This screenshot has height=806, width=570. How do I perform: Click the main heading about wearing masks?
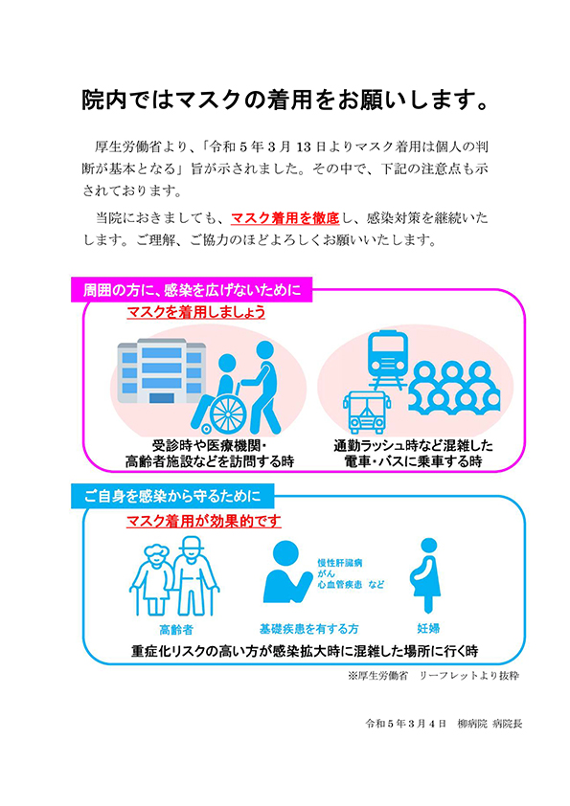coord(285,100)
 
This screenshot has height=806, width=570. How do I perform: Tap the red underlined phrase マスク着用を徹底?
coord(285,218)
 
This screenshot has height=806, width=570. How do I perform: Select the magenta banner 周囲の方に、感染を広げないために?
coord(192,290)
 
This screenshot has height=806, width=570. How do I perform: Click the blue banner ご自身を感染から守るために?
coord(172,496)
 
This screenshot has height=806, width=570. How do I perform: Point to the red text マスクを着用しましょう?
coord(196,311)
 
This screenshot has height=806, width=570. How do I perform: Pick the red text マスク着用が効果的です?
coord(204,521)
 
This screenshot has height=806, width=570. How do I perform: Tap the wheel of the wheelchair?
coord(228,414)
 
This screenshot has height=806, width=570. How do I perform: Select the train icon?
coord(388,360)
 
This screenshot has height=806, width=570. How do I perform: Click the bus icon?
coord(366,413)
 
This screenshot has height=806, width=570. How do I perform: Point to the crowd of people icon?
coord(454,387)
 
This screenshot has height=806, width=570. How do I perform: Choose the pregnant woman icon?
coord(426,575)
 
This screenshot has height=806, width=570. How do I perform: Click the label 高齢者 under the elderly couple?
coord(176,630)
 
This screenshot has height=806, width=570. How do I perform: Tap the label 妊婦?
coord(428,628)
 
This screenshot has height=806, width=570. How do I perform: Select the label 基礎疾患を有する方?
coord(309,629)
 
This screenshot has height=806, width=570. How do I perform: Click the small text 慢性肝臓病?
coord(339,563)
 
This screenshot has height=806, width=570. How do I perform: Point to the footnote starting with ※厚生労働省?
coord(433,676)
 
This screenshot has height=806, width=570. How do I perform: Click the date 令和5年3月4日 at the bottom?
coord(405,724)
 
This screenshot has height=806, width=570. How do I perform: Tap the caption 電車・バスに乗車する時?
coord(413,461)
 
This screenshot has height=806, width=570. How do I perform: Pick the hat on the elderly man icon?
coord(192,544)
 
